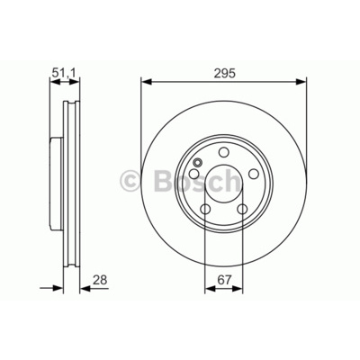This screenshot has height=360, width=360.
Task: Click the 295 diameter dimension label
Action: point(225,73)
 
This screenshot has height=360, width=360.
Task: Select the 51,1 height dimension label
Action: point(65,73)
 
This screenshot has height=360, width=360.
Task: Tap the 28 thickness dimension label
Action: point(100,280)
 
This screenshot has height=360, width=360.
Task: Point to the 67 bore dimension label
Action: point(225,280)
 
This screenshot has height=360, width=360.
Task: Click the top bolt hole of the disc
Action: point(223,152)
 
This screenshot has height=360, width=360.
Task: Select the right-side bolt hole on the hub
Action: point(254,174)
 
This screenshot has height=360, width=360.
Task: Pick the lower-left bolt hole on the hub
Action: point(205,209)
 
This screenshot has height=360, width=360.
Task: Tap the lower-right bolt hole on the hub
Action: point(242,209)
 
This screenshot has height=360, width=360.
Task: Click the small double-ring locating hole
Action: point(198,163)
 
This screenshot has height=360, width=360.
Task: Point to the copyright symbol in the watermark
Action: point(130,182)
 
